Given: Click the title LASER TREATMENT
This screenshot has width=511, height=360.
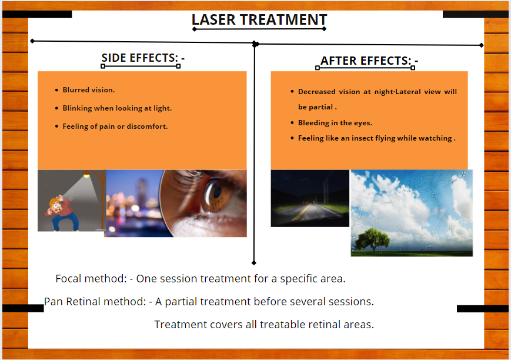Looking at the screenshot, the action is point(259,19).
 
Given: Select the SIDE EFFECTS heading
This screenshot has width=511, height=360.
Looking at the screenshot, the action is point(143,58).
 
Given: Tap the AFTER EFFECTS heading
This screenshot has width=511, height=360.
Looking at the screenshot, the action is point(369,61).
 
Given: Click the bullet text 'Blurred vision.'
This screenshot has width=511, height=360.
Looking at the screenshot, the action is point(89,90).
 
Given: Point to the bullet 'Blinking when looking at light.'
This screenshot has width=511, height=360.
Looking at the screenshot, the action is point(117,108).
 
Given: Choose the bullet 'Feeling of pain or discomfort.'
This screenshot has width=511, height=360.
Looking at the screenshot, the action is point(115,126).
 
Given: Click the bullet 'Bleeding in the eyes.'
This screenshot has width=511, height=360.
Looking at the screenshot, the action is point(335,123).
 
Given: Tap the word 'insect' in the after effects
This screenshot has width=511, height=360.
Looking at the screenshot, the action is point(362,138).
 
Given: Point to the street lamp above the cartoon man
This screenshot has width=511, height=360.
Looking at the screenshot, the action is point(86,175).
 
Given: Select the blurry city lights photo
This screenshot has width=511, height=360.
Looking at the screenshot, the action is point(134,203).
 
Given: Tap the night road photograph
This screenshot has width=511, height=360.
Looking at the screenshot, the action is point(310,198).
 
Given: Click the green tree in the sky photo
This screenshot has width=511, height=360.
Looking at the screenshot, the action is point(372,239).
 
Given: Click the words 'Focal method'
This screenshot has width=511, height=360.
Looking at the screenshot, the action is point(91,279).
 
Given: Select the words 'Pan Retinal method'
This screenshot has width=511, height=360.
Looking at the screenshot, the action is point(95,302).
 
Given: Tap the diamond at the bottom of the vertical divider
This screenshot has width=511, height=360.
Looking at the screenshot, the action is point(254,263).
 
